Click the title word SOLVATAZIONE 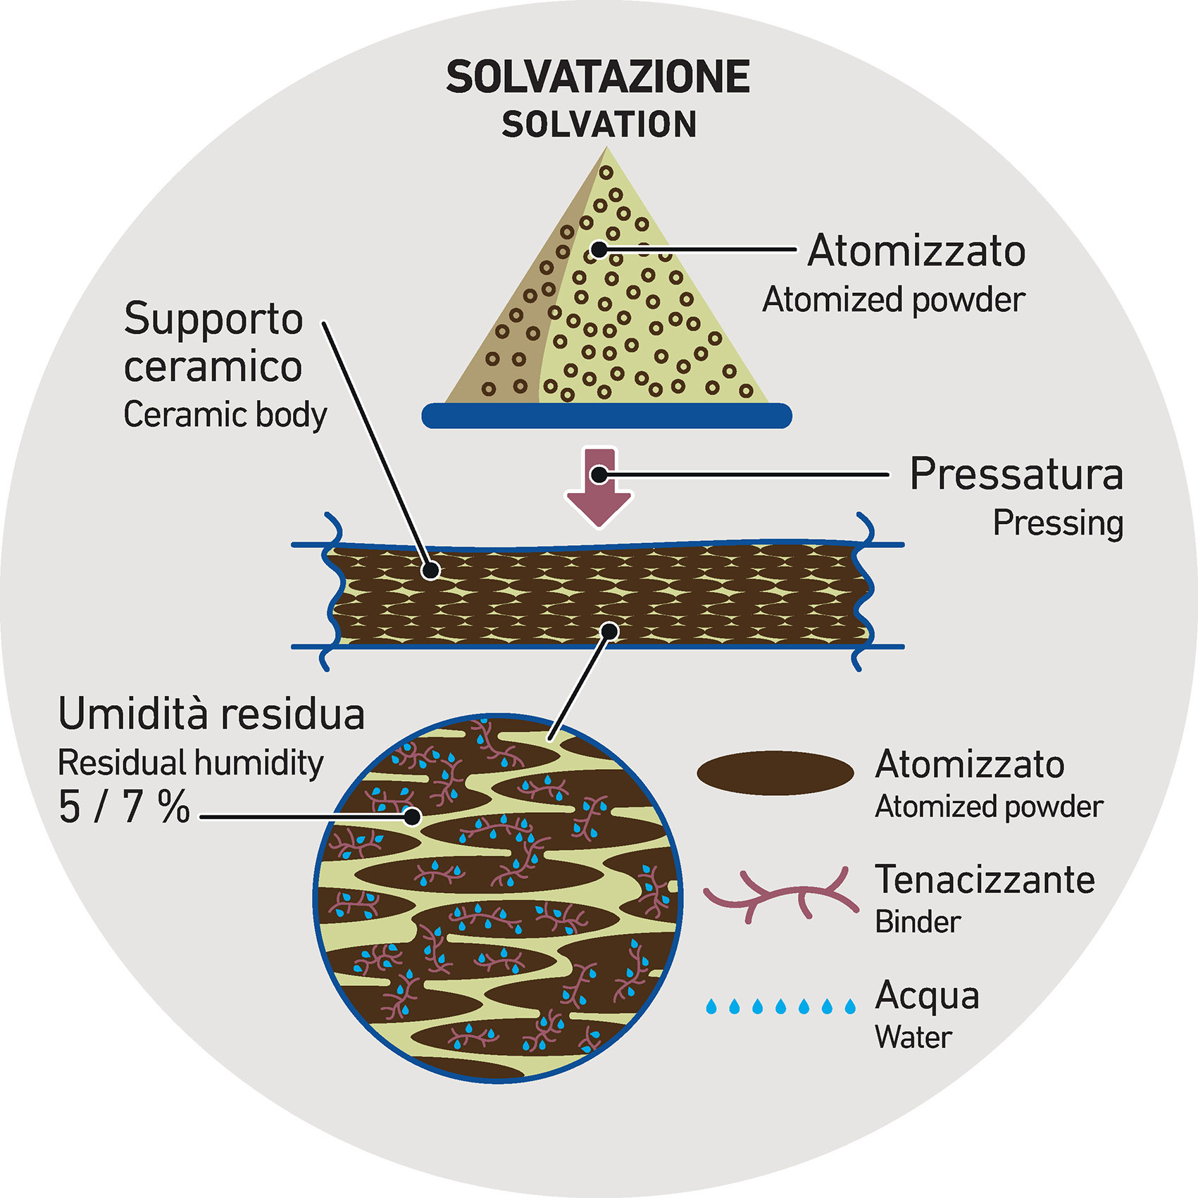[598, 77]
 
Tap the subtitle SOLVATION [599, 125]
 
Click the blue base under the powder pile [606, 416]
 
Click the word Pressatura [1016, 474]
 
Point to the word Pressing [1057, 523]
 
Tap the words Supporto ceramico [213, 342]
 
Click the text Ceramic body [225, 414]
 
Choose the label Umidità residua [211, 714]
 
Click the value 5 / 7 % [124, 807]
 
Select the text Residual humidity [190, 763]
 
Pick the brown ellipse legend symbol [775, 773]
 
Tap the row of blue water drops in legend [780, 1006]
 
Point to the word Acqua [927, 996]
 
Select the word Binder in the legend [918, 922]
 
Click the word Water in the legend [913, 1037]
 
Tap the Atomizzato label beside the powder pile [916, 251]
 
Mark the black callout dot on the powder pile [599, 249]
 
